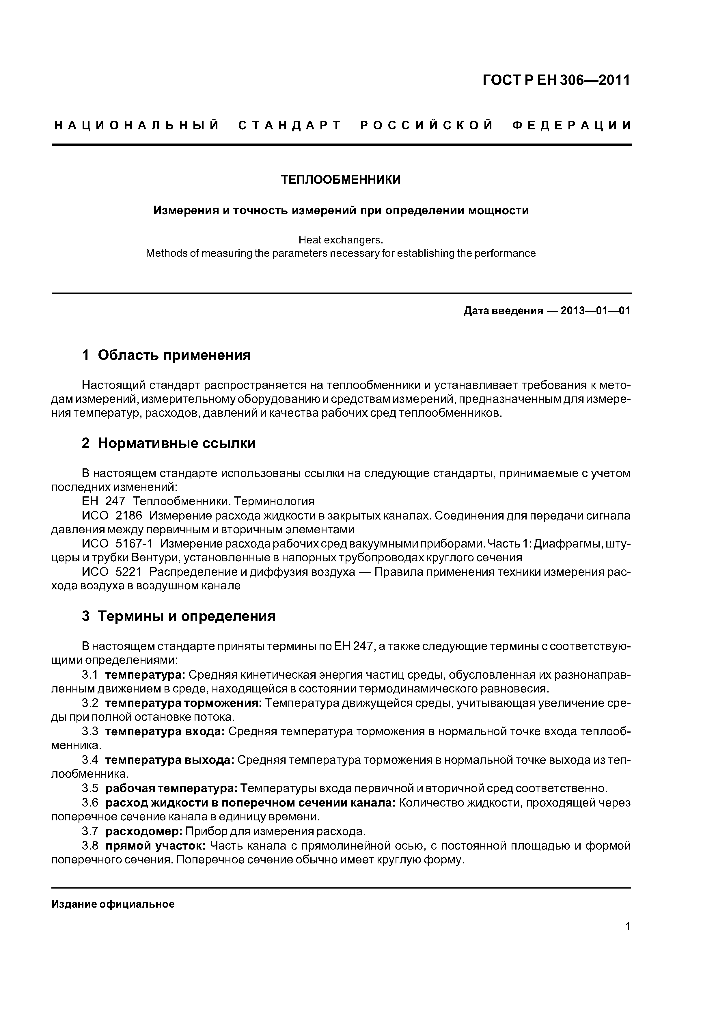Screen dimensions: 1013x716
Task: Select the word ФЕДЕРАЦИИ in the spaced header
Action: click(572, 126)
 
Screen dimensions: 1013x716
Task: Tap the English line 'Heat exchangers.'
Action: click(341, 240)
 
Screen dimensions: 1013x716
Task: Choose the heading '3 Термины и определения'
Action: click(179, 616)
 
